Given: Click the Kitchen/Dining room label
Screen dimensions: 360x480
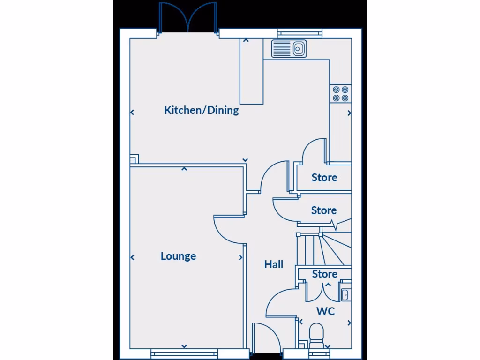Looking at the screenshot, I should click(201, 111).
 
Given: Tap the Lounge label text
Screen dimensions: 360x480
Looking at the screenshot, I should click(178, 256).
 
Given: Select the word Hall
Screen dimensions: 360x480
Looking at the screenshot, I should click(273, 265).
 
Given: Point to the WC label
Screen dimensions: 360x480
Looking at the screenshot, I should click(325, 311).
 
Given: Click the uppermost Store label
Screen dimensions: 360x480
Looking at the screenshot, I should click(324, 178).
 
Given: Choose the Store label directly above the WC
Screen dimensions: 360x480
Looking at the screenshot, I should click(324, 274).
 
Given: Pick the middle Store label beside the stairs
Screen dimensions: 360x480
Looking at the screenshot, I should click(323, 211).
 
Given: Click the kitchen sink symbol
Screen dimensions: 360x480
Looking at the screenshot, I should click(289, 48).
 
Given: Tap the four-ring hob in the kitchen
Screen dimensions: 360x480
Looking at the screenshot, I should click(340, 94).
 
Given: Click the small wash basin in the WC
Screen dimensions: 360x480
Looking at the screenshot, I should click(345, 294).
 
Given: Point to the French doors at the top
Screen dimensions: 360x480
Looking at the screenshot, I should click(187, 18).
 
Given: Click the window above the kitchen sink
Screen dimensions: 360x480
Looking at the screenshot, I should click(300, 33).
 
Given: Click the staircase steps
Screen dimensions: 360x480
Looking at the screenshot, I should click(323, 248).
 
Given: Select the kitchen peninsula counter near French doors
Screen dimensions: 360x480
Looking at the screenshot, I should click(252, 70).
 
